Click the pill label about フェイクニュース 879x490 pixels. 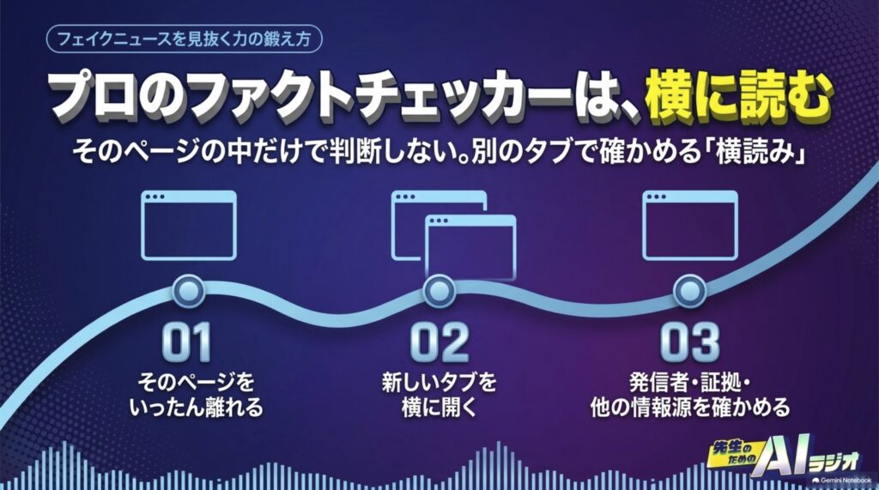(x=184, y=39)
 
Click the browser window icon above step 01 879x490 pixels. (x=188, y=226)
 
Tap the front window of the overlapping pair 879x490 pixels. (x=470, y=246)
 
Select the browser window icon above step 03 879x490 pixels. (x=689, y=226)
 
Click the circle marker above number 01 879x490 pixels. (x=188, y=291)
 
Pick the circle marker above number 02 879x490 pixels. (x=439, y=291)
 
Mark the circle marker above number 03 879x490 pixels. (x=689, y=291)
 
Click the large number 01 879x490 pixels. (x=186, y=342)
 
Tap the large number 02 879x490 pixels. (x=439, y=342)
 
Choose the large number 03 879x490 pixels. (x=689, y=342)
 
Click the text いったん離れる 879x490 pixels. (x=197, y=408)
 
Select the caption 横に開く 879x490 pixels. (x=439, y=408)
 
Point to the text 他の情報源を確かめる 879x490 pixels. (x=690, y=408)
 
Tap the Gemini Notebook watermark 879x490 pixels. (x=841, y=481)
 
